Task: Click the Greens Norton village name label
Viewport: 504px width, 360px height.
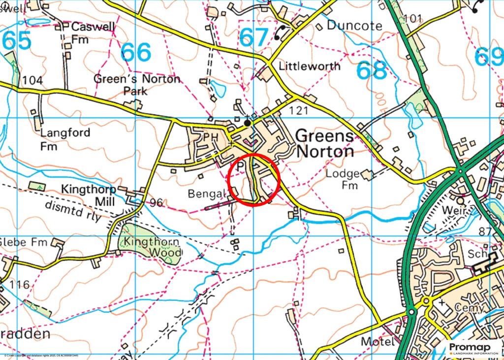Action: pos(325,143)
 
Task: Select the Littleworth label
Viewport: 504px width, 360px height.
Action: pos(309,66)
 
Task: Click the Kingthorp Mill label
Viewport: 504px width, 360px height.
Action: pos(88,196)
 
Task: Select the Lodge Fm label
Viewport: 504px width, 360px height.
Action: pos(344,180)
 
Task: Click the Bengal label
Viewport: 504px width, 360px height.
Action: pos(206,194)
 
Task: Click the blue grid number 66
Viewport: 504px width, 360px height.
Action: pos(136,53)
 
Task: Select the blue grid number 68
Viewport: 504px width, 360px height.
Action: pos(372,71)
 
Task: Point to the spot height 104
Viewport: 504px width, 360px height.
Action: pos(32,80)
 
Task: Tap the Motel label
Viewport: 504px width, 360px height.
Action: pos(378,341)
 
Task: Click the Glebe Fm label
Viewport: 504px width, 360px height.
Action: pos(23,243)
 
